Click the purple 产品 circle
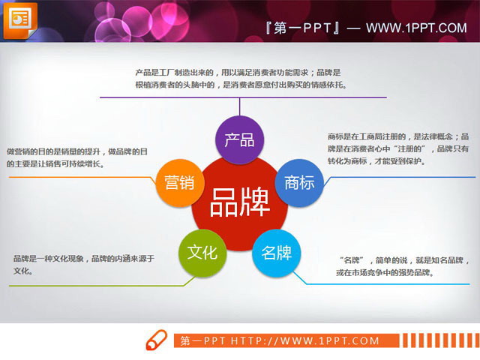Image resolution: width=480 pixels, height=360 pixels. coord(239,139)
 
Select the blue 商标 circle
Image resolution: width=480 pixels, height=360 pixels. coord(299,183)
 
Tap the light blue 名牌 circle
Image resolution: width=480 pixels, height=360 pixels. coord(276,252)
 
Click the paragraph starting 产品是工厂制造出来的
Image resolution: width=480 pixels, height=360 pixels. coord(238,79)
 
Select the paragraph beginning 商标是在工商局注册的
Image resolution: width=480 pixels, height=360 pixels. coord(398,148)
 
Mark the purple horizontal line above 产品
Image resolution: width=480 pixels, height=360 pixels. coord(238,98)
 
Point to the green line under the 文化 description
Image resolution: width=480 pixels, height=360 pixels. coord(90,286)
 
